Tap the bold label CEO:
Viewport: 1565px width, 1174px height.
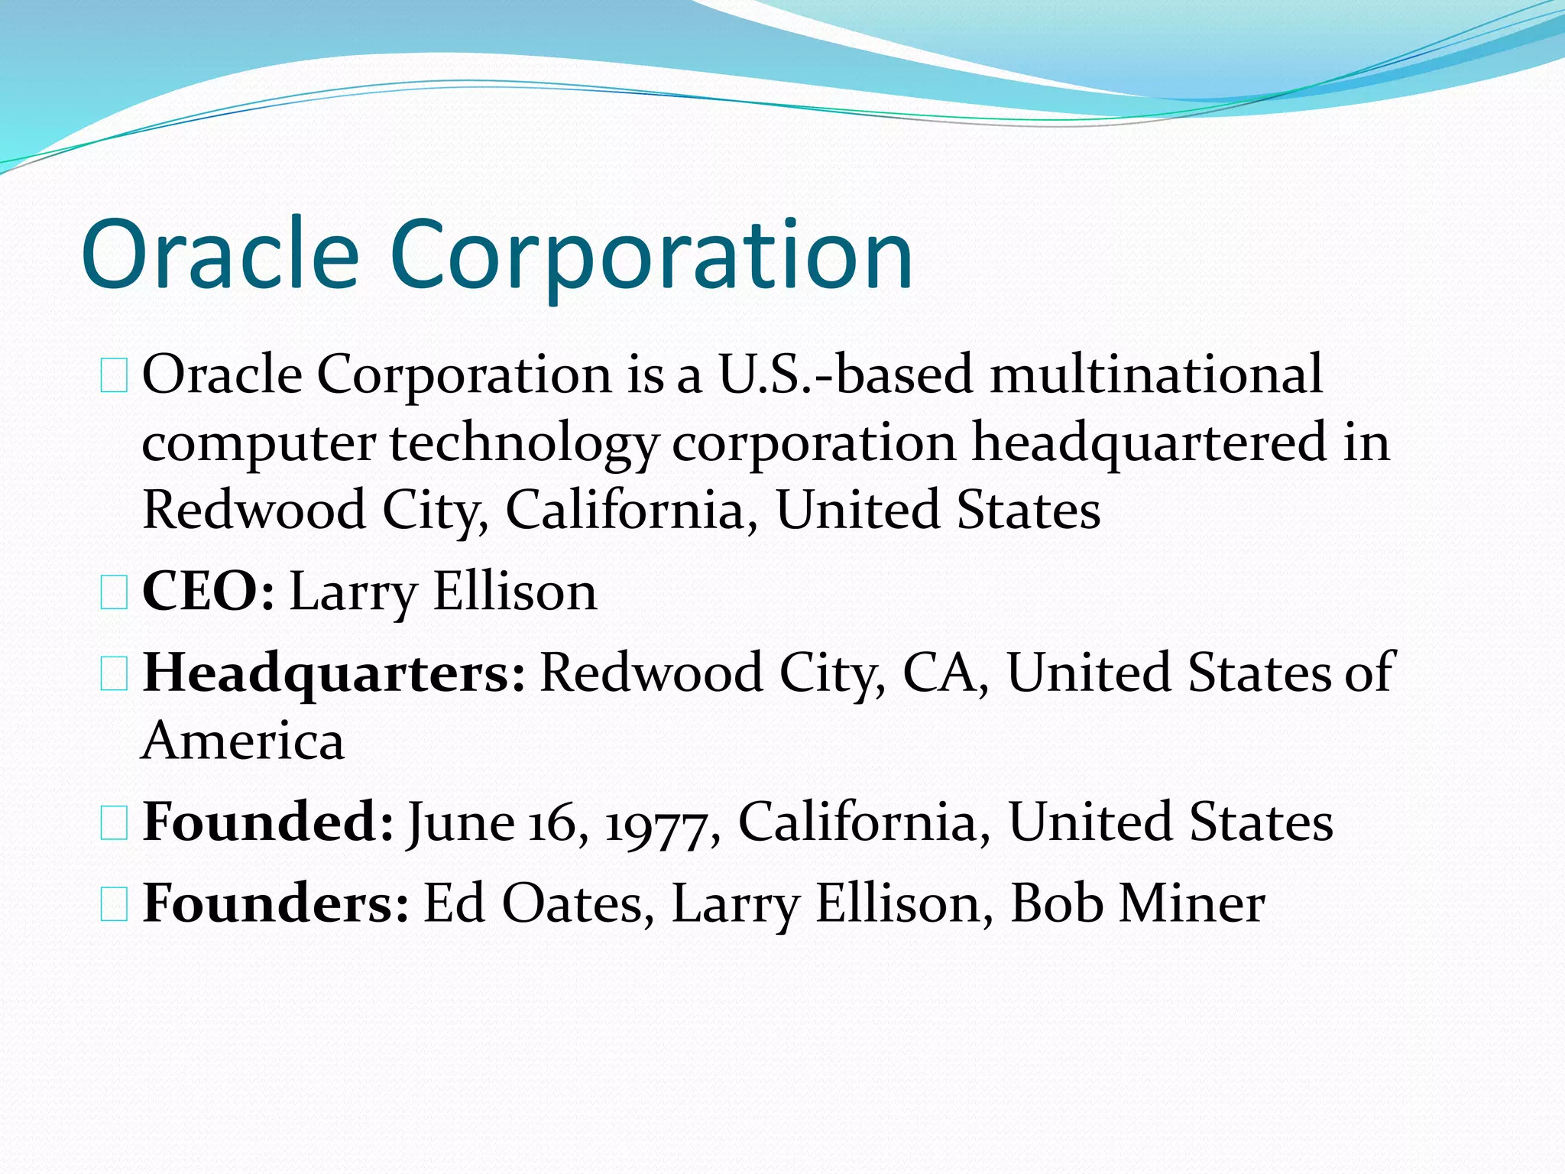point(208,592)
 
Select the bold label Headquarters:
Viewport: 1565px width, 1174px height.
point(334,673)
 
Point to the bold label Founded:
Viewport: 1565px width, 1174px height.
point(268,822)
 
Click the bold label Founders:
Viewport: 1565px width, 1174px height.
point(276,904)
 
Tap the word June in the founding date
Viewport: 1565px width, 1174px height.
point(461,824)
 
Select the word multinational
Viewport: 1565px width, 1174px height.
point(1155,375)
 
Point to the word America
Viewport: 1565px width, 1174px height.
point(243,741)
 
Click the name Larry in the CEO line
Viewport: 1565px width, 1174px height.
point(353,593)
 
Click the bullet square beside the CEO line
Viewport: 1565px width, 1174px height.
point(114,595)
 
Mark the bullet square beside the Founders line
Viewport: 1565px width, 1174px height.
point(114,906)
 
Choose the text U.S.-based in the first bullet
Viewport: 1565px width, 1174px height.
point(845,375)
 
